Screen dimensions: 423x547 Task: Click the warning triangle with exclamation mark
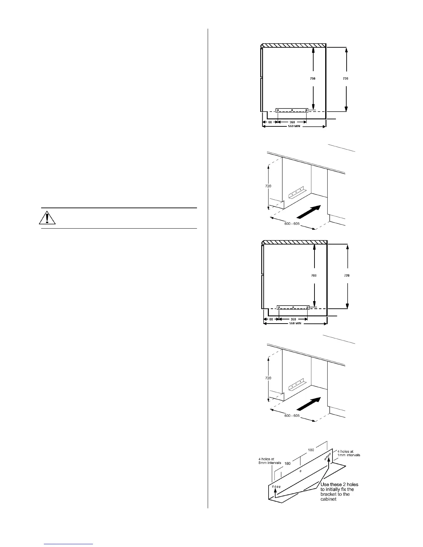click(47, 218)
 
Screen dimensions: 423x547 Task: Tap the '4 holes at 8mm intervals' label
click(270, 461)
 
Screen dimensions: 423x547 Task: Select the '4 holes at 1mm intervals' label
click(349, 453)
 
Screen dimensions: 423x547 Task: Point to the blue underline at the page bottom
click(69, 544)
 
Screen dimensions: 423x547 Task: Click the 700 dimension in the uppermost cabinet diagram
click(312, 79)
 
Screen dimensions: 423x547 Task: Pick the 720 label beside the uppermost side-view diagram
click(346, 79)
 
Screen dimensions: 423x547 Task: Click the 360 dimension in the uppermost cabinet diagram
click(292, 122)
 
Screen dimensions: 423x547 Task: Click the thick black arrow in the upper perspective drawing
click(309, 212)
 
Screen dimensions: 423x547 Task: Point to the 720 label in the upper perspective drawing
click(268, 186)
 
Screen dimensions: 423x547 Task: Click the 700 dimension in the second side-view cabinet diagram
click(314, 276)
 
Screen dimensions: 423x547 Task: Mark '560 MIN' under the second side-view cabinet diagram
click(295, 324)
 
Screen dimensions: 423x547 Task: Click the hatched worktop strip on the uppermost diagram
click(294, 45)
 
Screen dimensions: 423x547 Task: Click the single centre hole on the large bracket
click(300, 471)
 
